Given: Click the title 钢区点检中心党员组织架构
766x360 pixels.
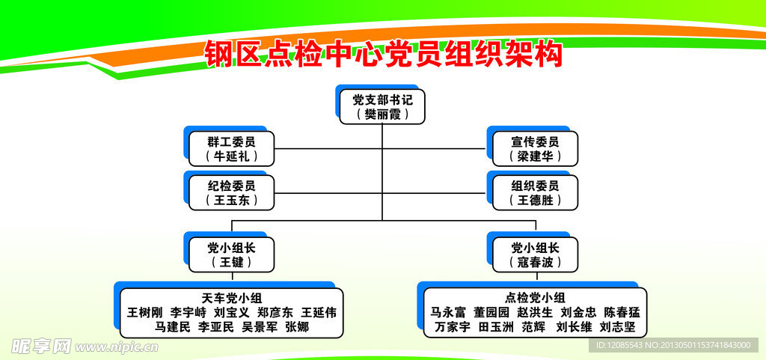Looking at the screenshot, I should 383,55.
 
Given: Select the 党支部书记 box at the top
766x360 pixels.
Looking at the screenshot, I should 382,106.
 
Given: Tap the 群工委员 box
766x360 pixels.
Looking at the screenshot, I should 231,148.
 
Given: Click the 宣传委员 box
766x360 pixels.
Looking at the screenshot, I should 535,148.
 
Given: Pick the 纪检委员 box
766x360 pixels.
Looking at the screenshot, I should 231,192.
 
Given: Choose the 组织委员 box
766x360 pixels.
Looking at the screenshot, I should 535,192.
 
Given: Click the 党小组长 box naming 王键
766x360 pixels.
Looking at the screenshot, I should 231,254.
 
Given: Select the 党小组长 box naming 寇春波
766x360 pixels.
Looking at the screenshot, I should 535,254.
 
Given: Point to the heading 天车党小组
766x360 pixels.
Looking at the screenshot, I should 231,298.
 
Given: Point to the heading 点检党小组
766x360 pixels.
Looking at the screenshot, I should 535,298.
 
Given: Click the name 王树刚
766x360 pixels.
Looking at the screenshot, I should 144,312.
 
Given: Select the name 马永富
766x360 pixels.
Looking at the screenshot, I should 449,312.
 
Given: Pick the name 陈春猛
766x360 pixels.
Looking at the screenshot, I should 622,312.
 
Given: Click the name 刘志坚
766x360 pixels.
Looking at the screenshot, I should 617,327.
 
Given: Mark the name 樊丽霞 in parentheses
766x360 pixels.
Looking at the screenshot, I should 382,114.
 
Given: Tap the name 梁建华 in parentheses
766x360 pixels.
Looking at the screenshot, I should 535,156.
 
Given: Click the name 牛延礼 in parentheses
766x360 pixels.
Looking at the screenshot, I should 231,156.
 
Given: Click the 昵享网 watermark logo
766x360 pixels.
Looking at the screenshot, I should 41,346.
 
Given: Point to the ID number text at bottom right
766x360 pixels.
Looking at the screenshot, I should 673,345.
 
